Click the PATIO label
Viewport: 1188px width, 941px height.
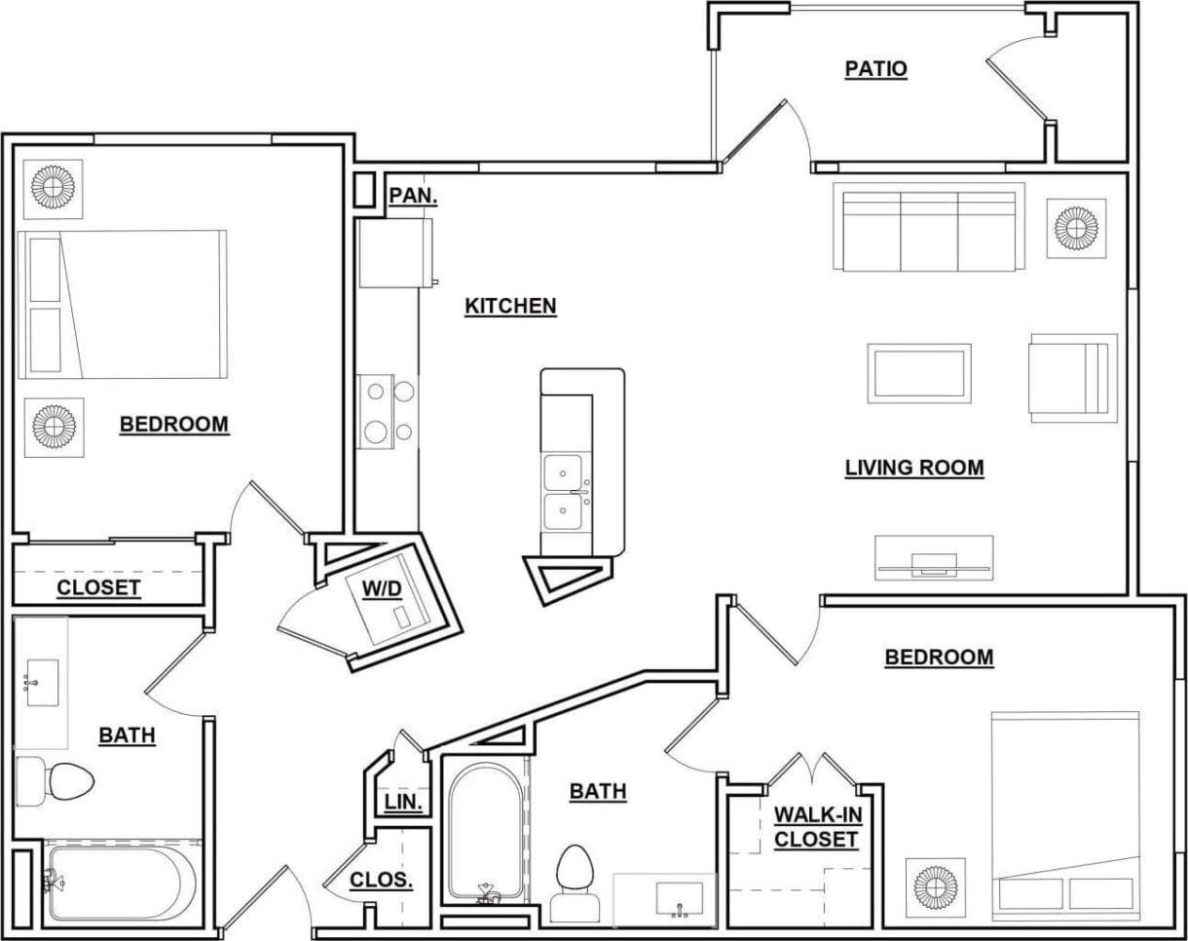click(875, 69)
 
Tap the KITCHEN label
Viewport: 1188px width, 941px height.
click(510, 306)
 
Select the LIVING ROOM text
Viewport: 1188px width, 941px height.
click(913, 468)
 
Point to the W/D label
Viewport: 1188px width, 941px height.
click(379, 589)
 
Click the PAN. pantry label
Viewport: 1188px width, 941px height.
click(413, 196)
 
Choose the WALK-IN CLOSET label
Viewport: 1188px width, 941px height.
click(816, 827)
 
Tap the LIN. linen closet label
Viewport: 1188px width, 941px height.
click(403, 803)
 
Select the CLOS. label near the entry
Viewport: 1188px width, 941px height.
click(382, 880)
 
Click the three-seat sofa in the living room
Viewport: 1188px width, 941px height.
click(929, 230)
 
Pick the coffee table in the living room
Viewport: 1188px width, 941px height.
click(919, 373)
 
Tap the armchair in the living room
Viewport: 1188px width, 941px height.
click(1072, 378)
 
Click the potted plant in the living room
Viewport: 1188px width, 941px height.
click(1076, 229)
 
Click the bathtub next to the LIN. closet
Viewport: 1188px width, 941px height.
click(487, 832)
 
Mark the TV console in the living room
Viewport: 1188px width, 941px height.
click(933, 558)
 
